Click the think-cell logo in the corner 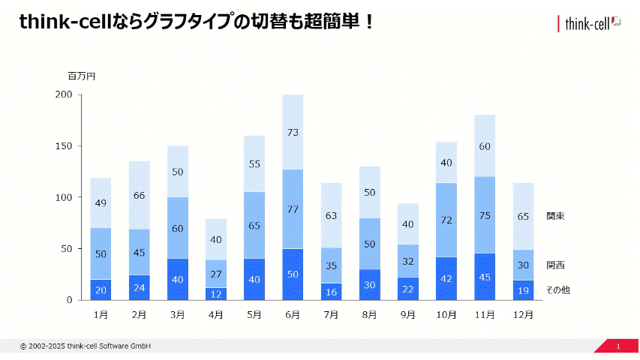pos(590,24)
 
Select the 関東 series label pos(555,216)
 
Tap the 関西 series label pos(555,265)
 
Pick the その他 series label pos(557,289)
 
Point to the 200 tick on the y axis pos(63,94)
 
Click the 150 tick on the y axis pos(63,146)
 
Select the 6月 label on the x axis pos(293,315)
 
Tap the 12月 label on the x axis pos(523,315)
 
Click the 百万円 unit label pos(81,76)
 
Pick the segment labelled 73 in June pos(293,132)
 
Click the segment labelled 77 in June pos(293,209)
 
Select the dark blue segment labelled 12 pos(216,293)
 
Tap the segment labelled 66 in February pos(139,195)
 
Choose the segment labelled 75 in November pos(485,215)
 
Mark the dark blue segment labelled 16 pos(331,292)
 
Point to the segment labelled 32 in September pos(407,261)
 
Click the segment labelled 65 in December pos(523,216)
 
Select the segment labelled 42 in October pos(446,278)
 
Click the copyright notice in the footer pos(86,346)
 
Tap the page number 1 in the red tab pos(618,346)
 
